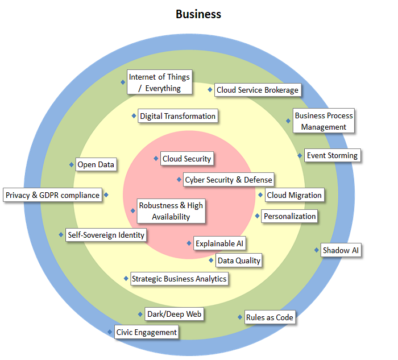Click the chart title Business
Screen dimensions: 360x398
198,14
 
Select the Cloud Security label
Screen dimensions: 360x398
186,159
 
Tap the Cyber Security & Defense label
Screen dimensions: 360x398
229,180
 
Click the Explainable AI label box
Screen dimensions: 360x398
219,243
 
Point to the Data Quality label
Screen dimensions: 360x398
239,260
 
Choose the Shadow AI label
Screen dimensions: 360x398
341,250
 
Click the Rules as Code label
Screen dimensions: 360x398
270,317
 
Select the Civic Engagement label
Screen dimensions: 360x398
147,332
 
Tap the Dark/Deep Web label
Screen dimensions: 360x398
174,314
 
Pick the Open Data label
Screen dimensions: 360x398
96,164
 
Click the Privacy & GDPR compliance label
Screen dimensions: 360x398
52,195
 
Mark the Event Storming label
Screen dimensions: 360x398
332,155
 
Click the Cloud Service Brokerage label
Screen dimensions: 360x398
257,90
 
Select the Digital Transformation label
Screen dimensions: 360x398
177,116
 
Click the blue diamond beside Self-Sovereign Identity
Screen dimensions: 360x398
61,234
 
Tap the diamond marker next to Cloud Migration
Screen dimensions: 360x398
260,195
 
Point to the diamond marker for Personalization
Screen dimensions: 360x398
257,216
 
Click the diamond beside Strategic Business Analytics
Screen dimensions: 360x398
126,279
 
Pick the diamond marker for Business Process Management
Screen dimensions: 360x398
288,121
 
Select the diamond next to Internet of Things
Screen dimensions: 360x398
123,82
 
